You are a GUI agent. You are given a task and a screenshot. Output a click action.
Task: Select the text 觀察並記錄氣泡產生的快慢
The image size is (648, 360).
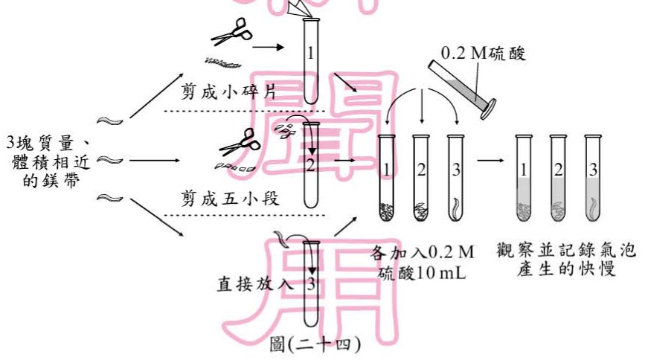(x=566, y=260)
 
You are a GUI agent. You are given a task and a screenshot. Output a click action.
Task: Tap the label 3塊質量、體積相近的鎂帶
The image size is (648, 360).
(x=48, y=160)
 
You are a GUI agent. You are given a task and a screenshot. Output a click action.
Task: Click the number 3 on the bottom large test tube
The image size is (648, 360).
(x=312, y=283)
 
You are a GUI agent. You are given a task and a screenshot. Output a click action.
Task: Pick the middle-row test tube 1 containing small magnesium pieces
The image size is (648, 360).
(x=386, y=179)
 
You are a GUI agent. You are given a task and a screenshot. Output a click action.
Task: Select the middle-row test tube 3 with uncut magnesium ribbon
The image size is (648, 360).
(x=455, y=179)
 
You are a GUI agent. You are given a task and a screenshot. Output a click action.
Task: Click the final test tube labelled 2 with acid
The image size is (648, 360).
(x=558, y=179)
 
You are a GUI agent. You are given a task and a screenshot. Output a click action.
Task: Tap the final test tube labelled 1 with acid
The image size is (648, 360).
(x=524, y=179)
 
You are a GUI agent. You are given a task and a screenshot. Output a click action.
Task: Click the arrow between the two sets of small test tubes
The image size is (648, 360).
(x=490, y=158)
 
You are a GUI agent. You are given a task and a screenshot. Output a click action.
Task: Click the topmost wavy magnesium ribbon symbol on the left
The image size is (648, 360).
(x=110, y=120)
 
